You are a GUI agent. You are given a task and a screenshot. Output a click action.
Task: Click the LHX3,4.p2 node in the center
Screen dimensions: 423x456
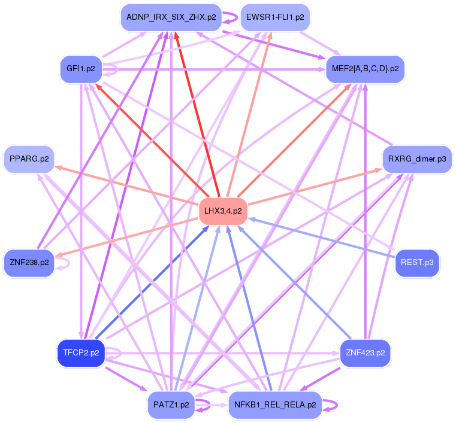tap(223, 211)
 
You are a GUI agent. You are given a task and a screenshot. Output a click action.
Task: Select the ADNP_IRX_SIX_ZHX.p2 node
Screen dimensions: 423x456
tap(171, 17)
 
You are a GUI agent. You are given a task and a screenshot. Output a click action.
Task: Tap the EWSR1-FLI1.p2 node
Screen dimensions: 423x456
tap(275, 17)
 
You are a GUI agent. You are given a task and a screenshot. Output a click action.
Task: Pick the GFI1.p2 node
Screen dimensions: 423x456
tap(81, 69)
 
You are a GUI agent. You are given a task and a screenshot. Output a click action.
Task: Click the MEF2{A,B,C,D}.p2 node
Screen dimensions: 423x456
tap(365, 69)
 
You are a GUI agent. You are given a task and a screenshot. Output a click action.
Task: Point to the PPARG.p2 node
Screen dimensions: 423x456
tap(29, 159)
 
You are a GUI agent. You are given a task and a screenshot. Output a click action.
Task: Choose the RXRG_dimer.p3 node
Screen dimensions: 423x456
tap(416, 159)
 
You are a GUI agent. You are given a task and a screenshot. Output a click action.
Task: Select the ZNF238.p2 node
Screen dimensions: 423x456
tap(29, 263)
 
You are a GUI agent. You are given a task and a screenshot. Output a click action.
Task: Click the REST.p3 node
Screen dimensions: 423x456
tap(417, 263)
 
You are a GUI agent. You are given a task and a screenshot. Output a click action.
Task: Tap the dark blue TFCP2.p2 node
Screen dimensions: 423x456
tap(81, 352)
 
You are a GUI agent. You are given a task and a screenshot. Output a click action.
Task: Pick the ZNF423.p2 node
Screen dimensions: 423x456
tap(365, 352)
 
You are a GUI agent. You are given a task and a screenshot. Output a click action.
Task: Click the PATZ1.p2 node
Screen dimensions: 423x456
tap(171, 404)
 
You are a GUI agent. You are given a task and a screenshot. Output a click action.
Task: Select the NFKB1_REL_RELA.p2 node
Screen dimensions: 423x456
tap(275, 404)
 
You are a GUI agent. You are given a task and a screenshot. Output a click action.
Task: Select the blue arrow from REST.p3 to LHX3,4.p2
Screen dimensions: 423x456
tap(324, 239)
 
